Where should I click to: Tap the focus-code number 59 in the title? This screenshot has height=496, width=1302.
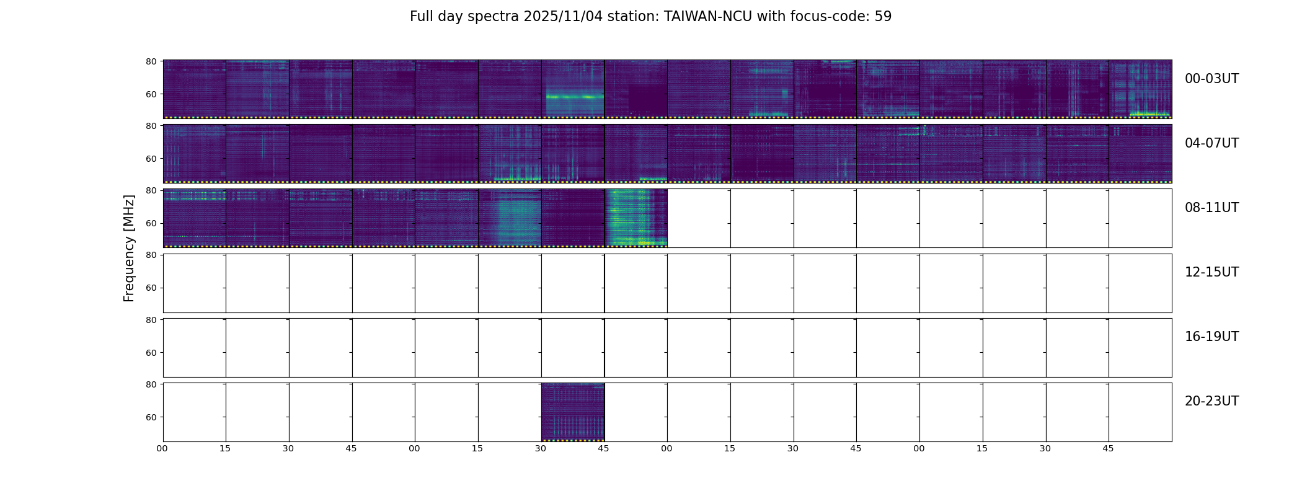point(883,17)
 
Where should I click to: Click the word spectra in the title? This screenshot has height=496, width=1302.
point(495,17)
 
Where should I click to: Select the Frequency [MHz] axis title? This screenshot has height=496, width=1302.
point(129,248)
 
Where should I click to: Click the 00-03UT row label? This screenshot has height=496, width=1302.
point(1211,79)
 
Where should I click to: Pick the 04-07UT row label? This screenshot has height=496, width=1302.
point(1211,143)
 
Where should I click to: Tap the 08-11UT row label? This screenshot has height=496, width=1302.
point(1211,208)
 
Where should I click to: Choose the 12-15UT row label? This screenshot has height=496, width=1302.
point(1211,272)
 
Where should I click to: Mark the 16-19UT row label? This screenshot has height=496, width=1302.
point(1211,337)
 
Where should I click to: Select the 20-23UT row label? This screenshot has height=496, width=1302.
point(1211,401)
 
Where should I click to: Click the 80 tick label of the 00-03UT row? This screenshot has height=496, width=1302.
point(151,61)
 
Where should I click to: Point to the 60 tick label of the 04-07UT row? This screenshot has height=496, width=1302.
point(151,159)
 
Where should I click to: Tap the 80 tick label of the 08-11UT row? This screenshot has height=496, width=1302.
point(151,190)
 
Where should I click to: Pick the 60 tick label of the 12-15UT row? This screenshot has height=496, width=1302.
point(151,288)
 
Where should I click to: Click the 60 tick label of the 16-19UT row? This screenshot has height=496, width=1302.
point(151,353)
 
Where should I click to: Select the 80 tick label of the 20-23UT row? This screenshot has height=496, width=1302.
point(151,384)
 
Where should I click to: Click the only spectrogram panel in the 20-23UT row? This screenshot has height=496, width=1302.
point(573,412)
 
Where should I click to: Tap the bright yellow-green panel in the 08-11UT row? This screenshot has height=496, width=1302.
point(636,218)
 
